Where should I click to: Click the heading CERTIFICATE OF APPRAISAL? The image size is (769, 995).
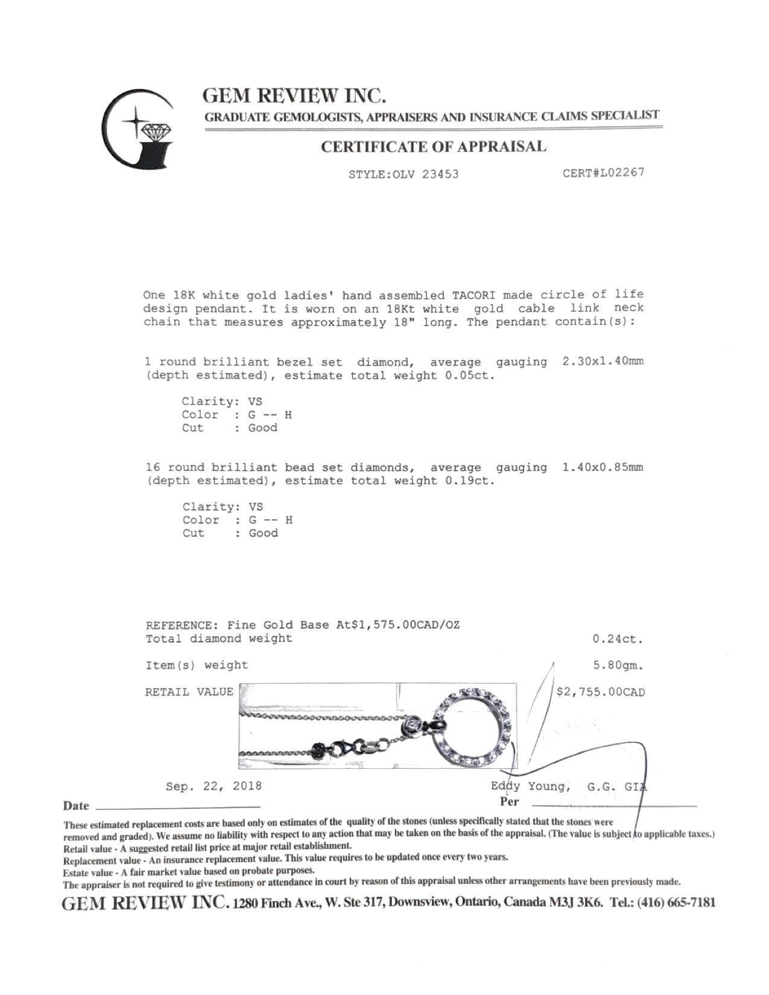click(433, 147)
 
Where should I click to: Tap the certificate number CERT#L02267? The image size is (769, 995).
click(603, 172)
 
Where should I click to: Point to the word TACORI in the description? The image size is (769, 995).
click(475, 295)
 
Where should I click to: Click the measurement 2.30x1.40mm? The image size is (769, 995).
click(603, 362)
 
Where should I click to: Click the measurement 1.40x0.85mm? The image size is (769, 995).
click(603, 467)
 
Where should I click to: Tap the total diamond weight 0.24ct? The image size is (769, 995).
click(618, 639)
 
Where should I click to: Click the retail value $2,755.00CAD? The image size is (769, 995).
click(600, 692)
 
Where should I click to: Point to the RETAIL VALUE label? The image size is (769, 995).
click(189, 692)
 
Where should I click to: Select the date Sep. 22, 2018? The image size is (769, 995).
click(214, 786)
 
